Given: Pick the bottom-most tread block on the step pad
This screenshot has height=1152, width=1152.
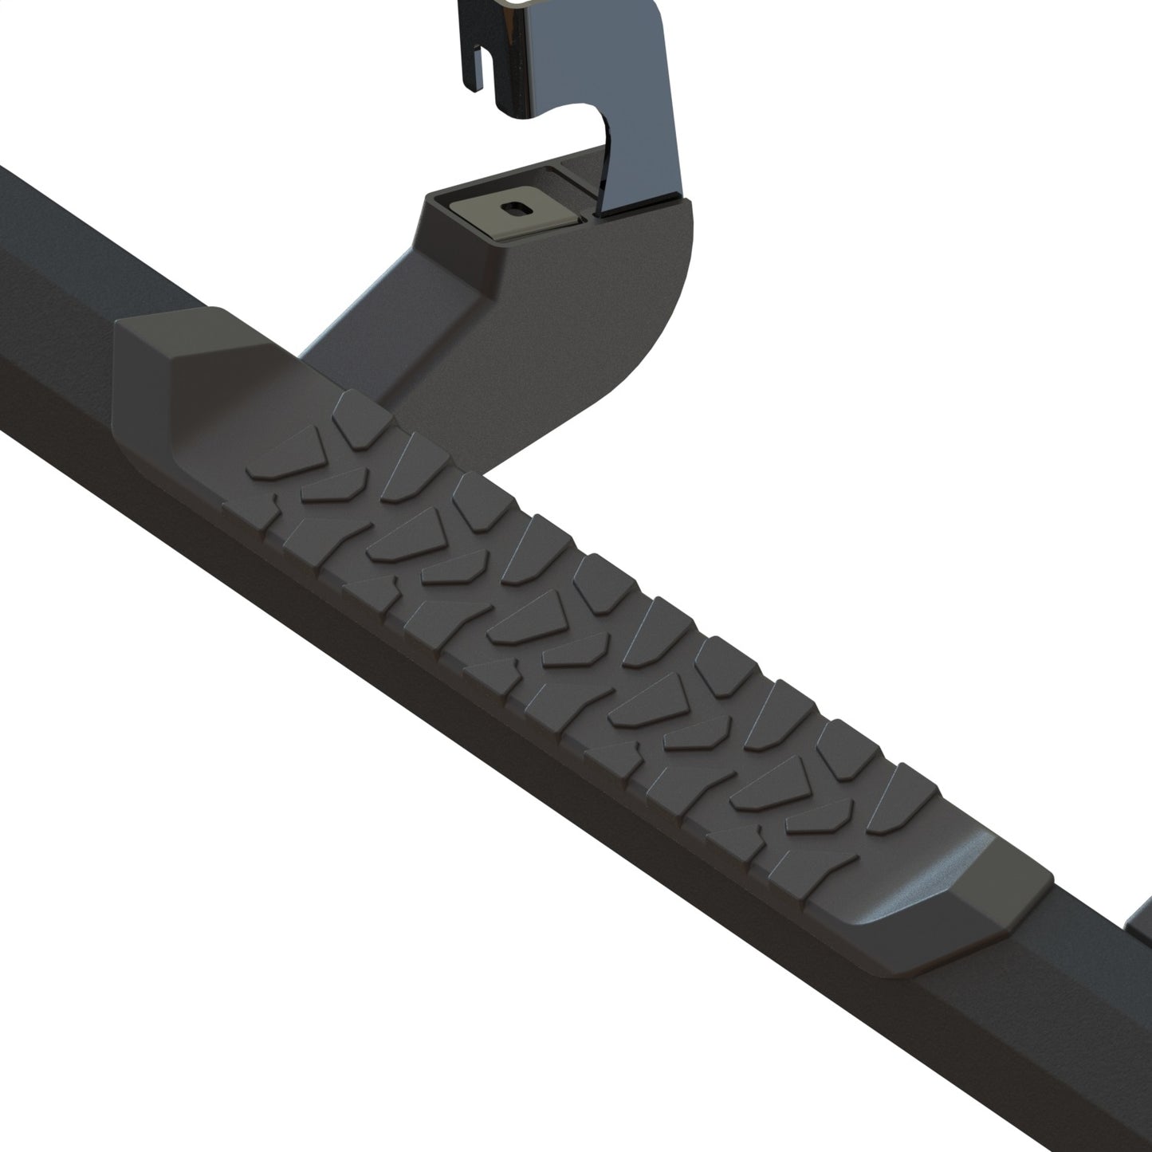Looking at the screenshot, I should [785, 865].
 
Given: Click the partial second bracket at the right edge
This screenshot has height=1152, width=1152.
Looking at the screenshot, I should [1142, 925].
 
